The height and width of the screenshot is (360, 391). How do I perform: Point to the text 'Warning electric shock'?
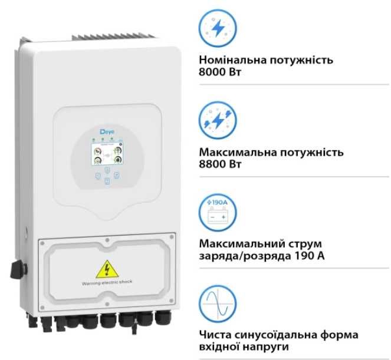[x=107, y=282]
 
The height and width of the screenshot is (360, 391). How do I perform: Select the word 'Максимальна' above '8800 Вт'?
[x=236, y=153]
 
